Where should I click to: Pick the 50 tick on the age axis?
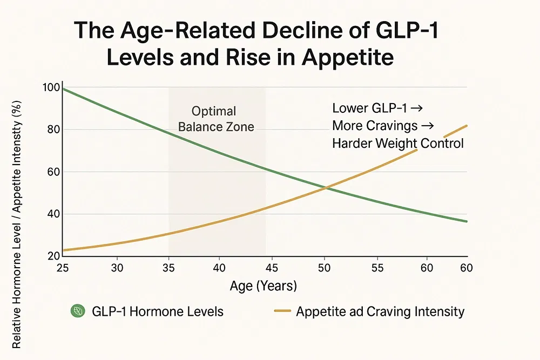click(324, 268)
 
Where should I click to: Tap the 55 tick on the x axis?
click(376, 268)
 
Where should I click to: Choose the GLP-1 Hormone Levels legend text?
click(157, 311)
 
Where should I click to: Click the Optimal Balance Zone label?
click(215, 119)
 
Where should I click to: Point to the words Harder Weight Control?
click(397, 143)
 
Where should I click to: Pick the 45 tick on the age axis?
click(273, 268)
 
